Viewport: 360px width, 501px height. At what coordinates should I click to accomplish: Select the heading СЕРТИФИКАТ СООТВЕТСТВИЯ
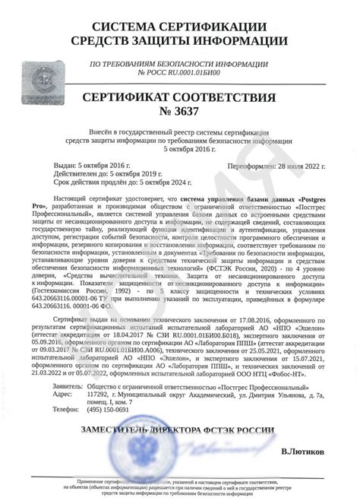coord(180,98)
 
